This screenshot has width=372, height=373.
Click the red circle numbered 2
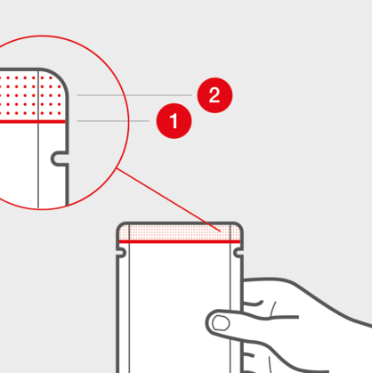click(214, 95)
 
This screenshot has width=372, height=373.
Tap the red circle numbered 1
click(174, 121)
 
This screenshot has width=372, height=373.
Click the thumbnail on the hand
click(222, 323)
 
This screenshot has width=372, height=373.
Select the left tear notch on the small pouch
click(122, 253)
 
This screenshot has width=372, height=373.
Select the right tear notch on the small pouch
click(239, 253)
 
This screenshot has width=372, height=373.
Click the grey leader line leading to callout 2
click(134, 95)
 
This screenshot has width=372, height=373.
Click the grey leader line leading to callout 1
click(113, 121)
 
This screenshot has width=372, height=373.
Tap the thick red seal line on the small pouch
click(180, 241)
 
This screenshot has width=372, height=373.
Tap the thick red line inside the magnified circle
click(33, 122)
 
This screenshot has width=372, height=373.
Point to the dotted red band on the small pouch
click(180, 232)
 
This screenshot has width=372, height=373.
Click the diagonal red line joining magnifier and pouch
click(169, 199)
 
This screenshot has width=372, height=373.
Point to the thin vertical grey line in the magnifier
click(38, 139)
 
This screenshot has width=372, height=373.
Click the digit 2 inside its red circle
click(214, 95)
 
